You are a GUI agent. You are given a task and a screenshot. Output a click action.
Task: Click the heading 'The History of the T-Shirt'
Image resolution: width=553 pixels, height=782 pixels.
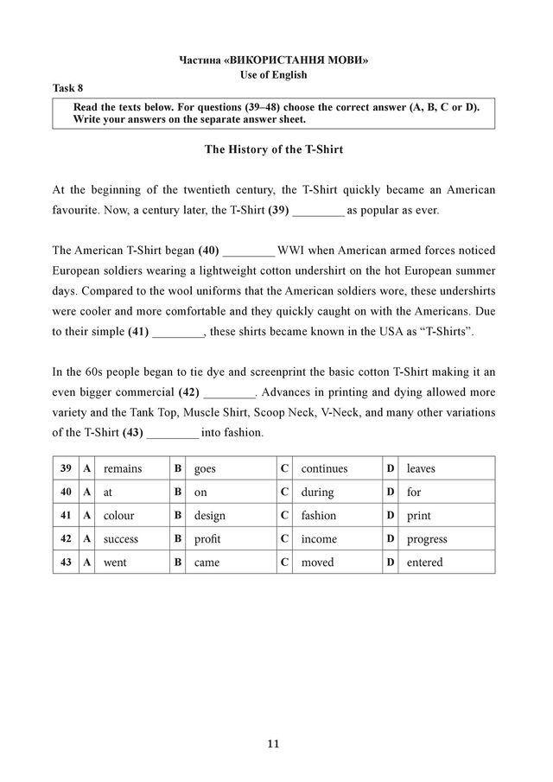[273, 149]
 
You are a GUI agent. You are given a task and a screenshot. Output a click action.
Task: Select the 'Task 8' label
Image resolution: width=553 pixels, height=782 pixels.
[68, 88]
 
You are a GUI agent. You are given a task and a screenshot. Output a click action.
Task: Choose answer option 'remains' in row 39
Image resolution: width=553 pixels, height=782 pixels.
[123, 468]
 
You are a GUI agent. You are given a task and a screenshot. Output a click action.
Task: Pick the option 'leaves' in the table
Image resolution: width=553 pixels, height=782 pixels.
[421, 468]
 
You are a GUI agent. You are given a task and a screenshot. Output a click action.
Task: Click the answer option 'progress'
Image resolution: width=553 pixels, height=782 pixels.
[427, 539]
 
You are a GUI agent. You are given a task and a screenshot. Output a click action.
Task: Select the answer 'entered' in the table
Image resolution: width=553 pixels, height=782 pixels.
[424, 563]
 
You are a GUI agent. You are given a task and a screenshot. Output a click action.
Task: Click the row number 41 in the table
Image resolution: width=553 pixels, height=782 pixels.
[66, 516]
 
